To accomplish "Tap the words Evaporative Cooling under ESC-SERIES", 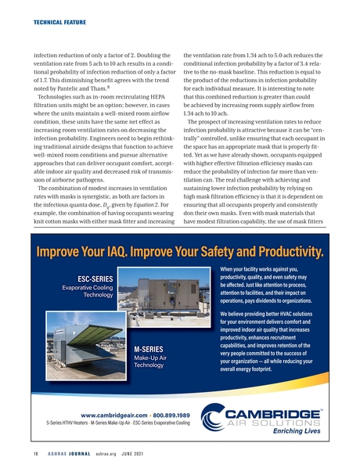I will [x=88, y=289].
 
